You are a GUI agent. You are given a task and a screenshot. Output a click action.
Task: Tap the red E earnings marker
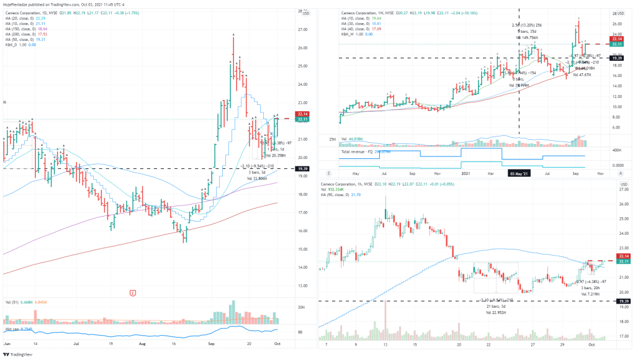coord(132,292)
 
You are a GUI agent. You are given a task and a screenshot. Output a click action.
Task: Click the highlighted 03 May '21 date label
coord(519,174)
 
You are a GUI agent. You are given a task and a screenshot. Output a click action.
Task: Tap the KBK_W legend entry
coord(339,35)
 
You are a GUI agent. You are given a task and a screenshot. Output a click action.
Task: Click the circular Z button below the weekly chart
coord(328,174)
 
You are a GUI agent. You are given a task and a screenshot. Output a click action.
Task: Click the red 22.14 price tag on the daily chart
coord(303,114)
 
